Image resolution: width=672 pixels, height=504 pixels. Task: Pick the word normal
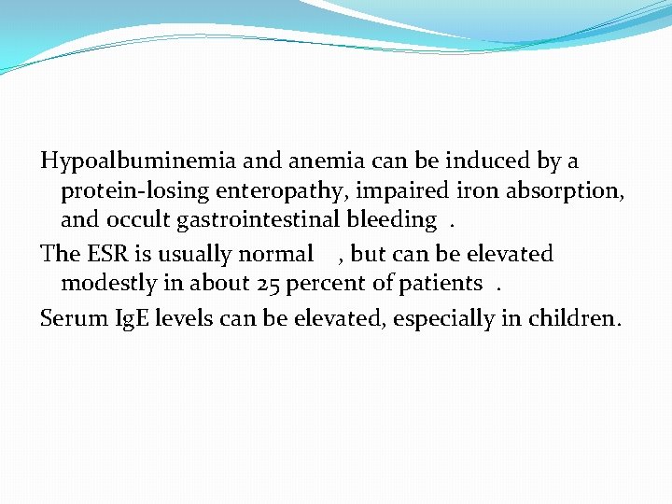click(276, 254)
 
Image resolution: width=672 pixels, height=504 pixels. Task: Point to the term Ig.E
click(131, 318)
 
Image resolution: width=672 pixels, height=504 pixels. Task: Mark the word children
click(571, 318)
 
